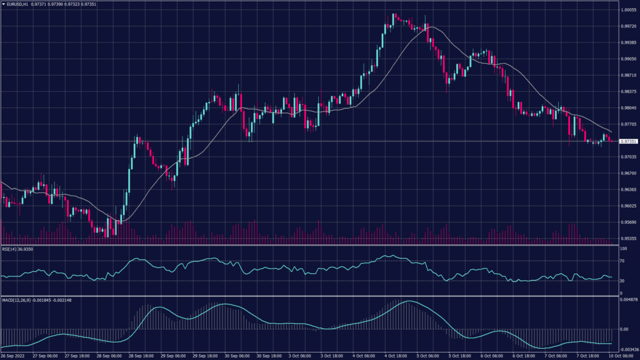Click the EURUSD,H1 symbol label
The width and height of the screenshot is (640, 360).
[x=21, y=4]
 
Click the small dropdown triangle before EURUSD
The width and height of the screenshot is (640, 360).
[x=3, y=4]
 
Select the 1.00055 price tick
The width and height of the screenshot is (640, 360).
[x=629, y=10]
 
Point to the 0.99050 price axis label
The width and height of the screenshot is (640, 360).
[x=629, y=59]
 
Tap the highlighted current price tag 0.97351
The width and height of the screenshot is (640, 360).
[x=629, y=141]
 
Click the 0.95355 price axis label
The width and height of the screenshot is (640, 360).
[x=629, y=238]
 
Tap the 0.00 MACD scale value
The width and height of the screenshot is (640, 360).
[x=624, y=329]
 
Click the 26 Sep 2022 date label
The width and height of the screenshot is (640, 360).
[x=13, y=356]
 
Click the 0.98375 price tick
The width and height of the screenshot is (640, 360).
[x=629, y=91]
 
